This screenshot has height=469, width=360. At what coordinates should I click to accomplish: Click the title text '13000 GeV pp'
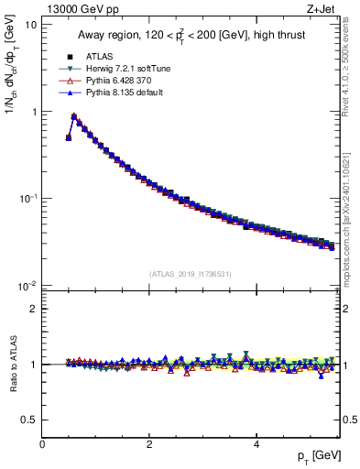pyautogui.click(x=77, y=9)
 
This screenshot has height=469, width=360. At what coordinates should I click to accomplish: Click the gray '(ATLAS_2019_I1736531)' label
pyautogui.click(x=191, y=274)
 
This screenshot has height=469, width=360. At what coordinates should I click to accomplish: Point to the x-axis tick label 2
pyautogui.click(x=149, y=444)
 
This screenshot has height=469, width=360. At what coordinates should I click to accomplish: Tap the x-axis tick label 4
pyautogui.click(x=256, y=444)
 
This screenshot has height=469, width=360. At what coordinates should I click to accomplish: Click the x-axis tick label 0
pyautogui.click(x=42, y=444)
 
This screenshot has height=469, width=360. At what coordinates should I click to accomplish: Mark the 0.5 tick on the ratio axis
pyautogui.click(x=30, y=420)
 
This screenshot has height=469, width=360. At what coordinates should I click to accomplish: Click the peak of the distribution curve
pyautogui.click(x=74, y=116)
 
